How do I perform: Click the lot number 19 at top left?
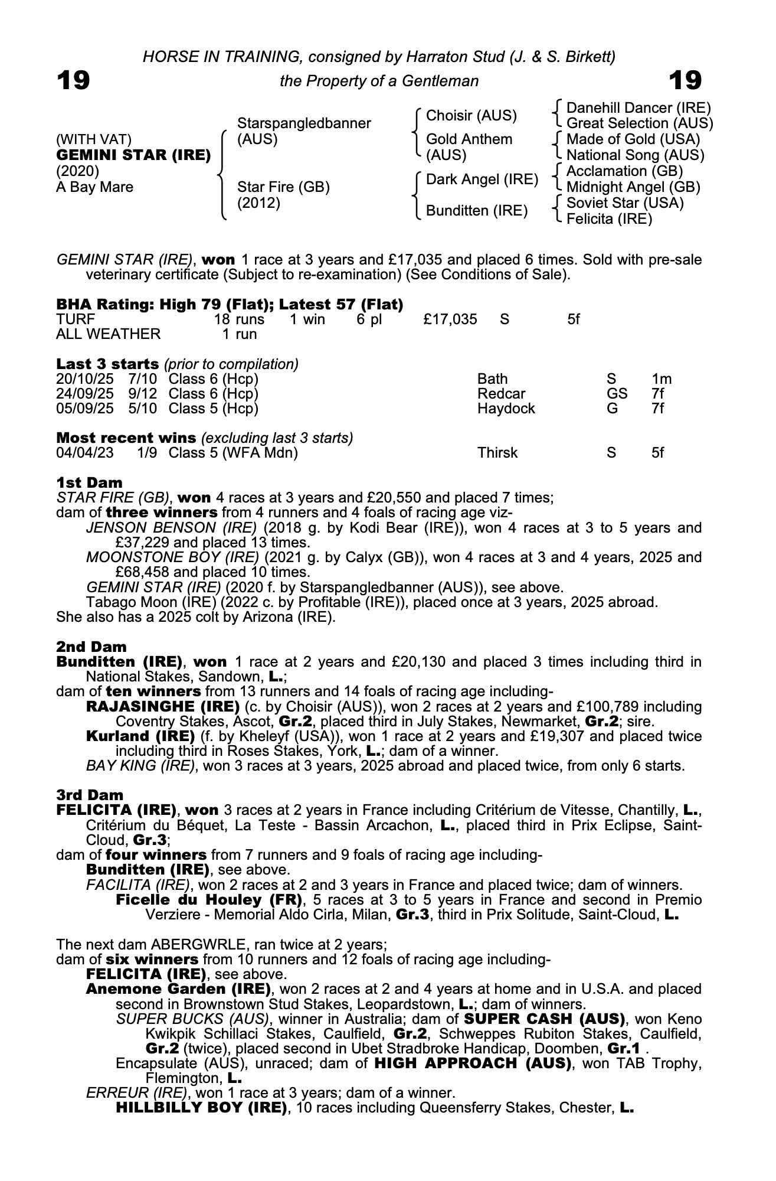pos(73,80)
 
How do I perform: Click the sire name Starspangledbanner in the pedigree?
pos(303,123)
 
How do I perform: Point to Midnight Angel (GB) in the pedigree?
pos(633,187)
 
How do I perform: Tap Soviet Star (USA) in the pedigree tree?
pos(624,203)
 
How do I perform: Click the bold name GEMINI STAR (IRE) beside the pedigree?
pos(133,155)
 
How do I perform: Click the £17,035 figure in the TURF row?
pos(450,319)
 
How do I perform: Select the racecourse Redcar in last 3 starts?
pos(501,394)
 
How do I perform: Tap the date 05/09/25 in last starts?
pos(84,409)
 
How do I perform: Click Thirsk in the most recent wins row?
pos(497,453)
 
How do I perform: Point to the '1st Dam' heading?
pos(89,483)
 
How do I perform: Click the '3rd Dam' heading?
pos(90,795)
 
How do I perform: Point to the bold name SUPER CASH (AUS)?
pos(544,1019)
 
